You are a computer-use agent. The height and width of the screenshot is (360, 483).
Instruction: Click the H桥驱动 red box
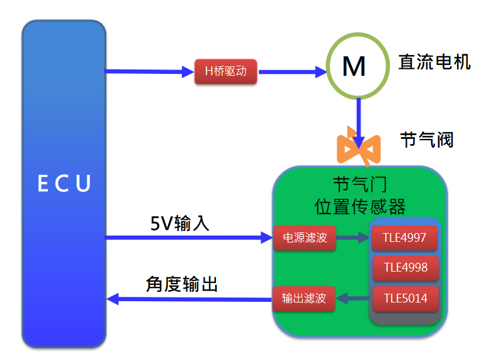point(226,72)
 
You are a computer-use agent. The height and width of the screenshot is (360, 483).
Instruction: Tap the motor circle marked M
point(354,66)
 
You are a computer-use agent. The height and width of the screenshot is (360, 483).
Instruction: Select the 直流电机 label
point(434,62)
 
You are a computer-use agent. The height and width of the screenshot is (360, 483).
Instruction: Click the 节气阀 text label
point(427,139)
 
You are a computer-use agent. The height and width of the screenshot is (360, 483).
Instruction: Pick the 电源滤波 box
point(304,238)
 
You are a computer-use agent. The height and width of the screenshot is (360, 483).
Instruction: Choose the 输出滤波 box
point(304,298)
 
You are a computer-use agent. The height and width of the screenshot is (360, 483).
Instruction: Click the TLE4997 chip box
point(404,238)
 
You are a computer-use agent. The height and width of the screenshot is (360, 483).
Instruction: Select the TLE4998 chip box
point(404,268)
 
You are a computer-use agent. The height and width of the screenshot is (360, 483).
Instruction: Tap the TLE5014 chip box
point(404,298)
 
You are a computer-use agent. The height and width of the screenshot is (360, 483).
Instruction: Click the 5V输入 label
point(180,223)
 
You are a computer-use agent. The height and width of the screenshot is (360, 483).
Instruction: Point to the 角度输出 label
point(181,284)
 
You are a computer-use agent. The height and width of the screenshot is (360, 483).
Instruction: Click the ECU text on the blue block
point(64,184)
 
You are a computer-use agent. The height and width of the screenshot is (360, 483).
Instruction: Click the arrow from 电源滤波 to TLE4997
point(352,238)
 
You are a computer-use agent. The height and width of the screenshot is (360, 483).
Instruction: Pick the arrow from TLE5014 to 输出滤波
point(352,298)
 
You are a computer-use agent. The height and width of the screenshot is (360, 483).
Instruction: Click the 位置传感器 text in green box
point(360,207)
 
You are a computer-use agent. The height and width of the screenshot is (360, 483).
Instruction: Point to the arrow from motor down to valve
point(359,120)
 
